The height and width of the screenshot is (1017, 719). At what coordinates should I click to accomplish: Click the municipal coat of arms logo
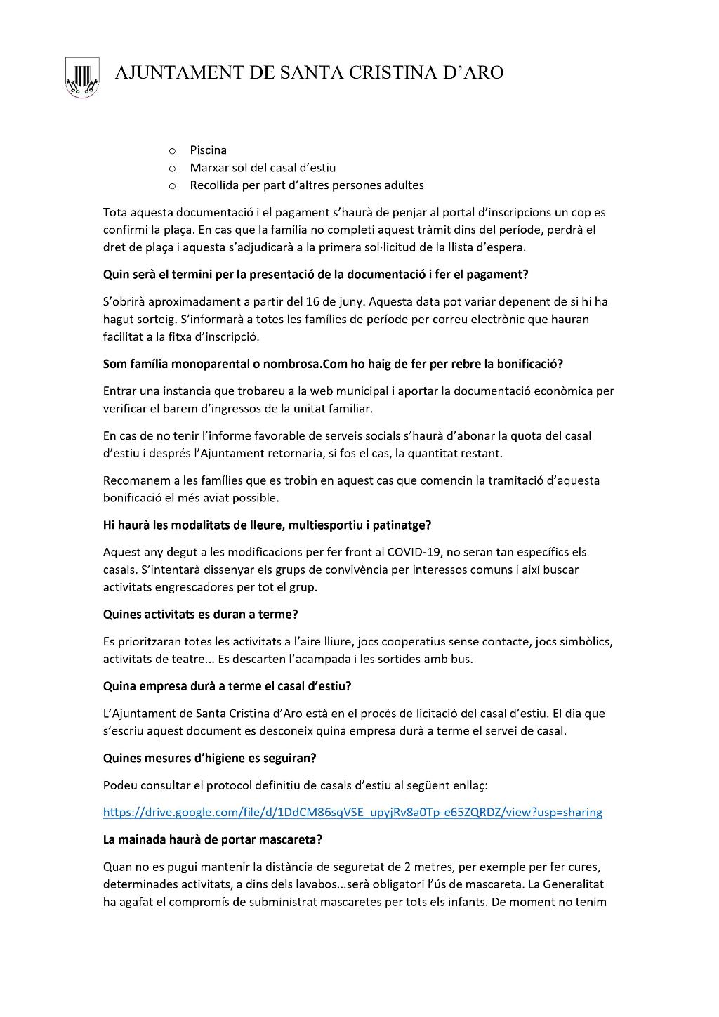tap(82, 77)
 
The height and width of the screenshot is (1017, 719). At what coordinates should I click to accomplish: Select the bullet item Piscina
tap(208, 150)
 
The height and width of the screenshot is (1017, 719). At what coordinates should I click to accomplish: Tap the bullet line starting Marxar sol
tap(263, 168)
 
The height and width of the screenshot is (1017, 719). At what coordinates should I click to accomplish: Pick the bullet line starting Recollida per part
tap(306, 185)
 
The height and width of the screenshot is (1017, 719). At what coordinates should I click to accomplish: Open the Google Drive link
tap(352, 813)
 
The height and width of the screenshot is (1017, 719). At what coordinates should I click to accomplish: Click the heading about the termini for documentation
tap(315, 275)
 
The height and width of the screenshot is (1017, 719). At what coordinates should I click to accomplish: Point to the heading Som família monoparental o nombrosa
tap(333, 365)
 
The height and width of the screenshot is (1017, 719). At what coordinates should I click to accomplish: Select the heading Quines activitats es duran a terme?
tap(201, 615)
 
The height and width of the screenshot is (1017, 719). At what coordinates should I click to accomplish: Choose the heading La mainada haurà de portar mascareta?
tap(212, 839)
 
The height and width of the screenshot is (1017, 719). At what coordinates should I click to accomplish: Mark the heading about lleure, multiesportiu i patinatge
tap(267, 525)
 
